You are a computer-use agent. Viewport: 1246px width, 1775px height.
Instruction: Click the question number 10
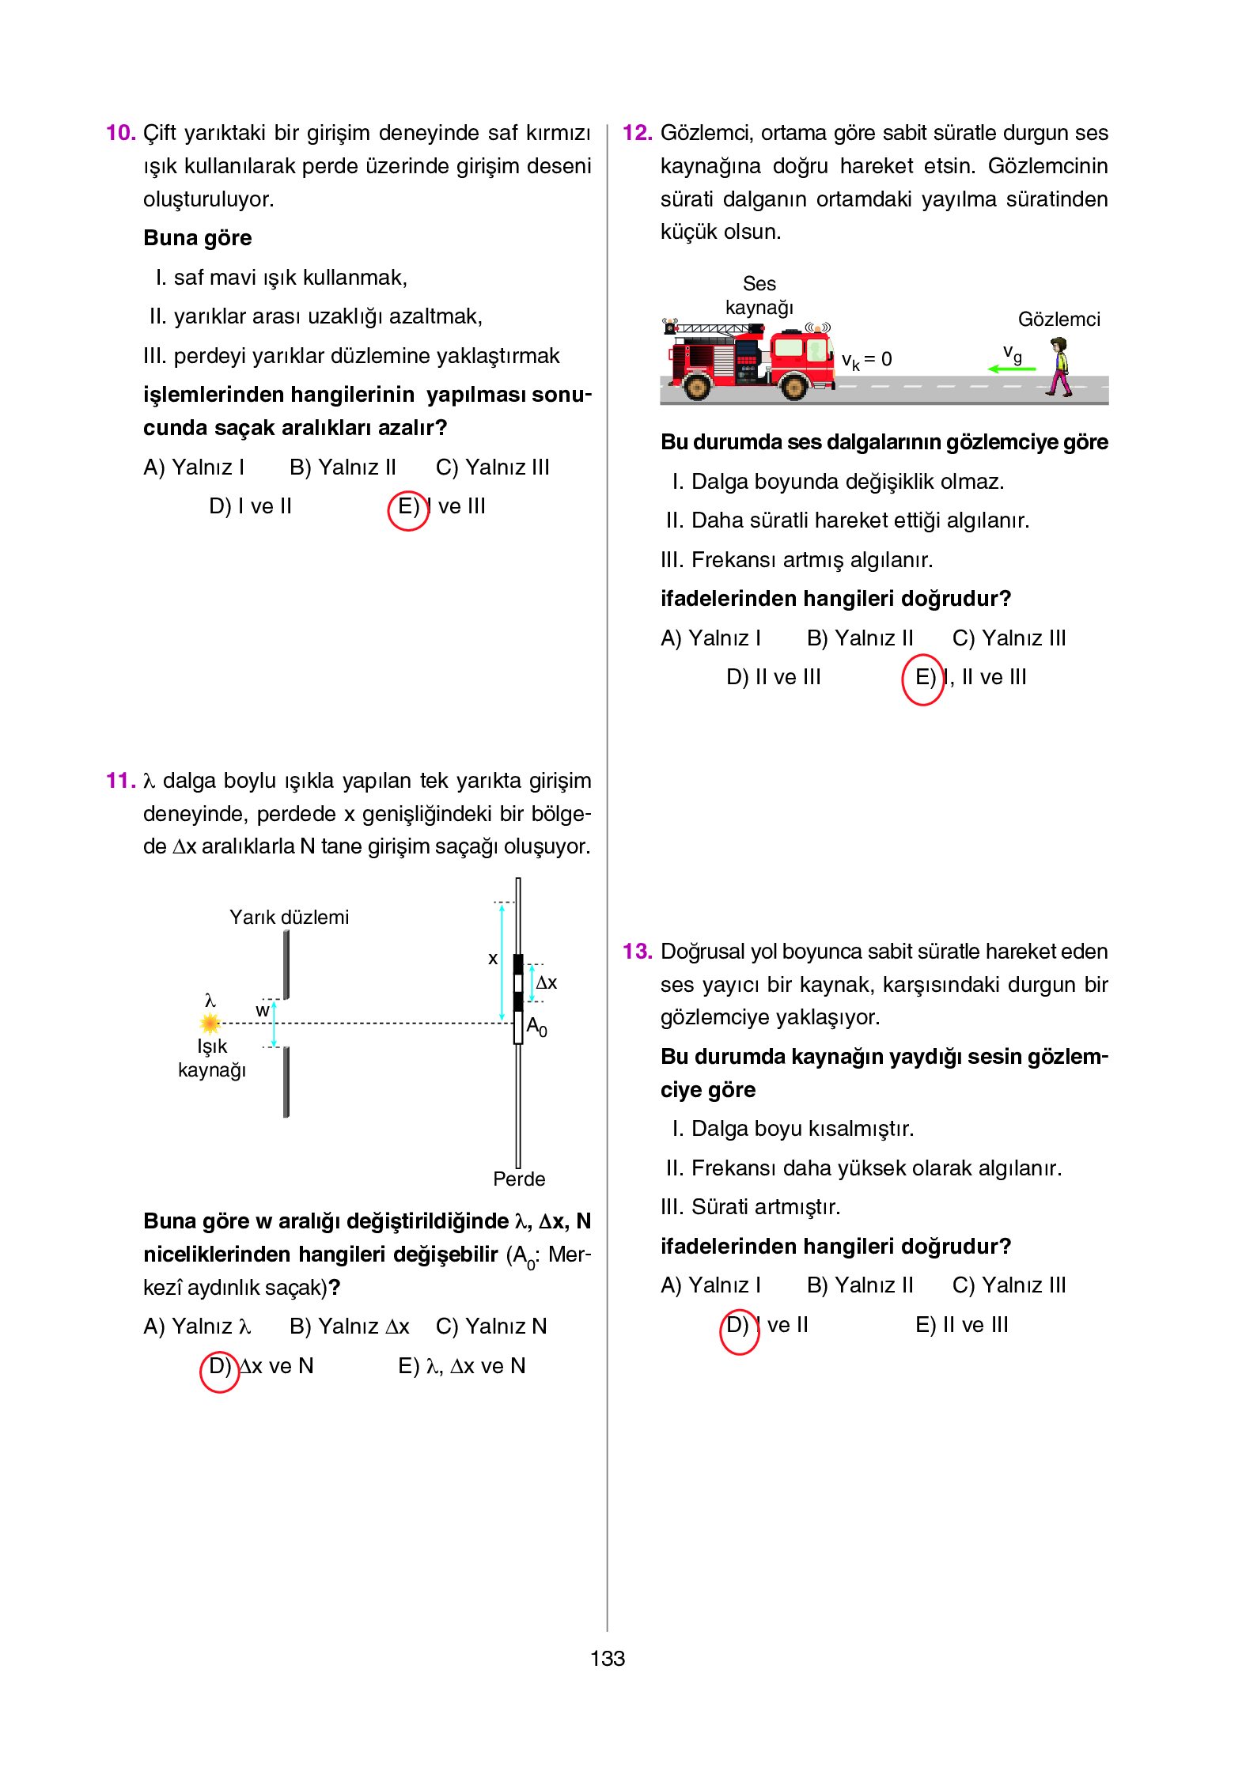click(x=120, y=133)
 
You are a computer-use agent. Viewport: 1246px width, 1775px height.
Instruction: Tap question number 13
click(x=637, y=951)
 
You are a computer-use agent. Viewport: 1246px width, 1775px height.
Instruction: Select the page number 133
click(x=607, y=1658)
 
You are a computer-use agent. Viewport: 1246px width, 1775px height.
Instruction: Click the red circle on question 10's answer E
click(x=407, y=510)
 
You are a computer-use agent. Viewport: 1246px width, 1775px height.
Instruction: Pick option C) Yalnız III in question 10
click(x=492, y=467)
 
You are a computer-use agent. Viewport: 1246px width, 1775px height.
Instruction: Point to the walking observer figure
click(x=1058, y=365)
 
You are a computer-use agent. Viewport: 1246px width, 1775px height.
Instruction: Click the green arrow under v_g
click(x=1011, y=369)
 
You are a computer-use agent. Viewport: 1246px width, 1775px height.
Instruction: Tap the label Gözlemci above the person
click(x=1059, y=320)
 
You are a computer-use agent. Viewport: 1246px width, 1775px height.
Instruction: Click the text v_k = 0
click(x=866, y=360)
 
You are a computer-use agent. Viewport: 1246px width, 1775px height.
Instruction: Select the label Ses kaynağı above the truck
click(x=759, y=295)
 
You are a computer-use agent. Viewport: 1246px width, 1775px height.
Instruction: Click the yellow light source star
click(x=210, y=1024)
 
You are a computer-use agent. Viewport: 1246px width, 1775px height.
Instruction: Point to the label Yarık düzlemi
click(x=289, y=917)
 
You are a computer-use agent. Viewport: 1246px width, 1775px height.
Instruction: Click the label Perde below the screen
click(x=519, y=1179)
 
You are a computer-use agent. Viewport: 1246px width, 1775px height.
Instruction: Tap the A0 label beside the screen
click(x=536, y=1027)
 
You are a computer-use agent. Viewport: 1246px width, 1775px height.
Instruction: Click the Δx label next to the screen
click(x=547, y=982)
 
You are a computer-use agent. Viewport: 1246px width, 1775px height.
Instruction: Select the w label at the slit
click(x=262, y=1011)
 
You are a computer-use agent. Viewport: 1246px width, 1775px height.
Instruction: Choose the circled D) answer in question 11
click(x=219, y=1371)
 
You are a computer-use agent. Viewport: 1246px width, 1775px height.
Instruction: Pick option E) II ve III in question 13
click(x=961, y=1325)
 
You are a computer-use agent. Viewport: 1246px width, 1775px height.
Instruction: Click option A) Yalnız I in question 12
click(x=710, y=638)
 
